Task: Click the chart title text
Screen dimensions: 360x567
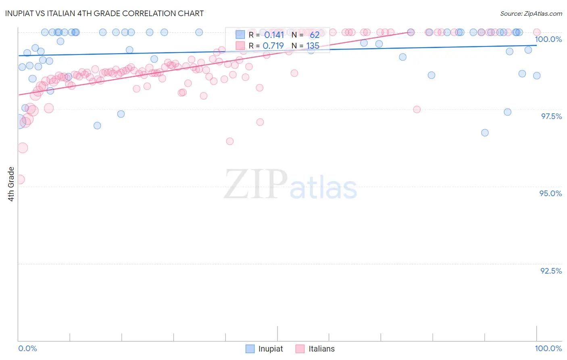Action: coord(104,13)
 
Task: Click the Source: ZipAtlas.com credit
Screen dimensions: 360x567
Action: coord(531,13)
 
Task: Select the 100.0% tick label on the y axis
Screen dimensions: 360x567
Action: coord(548,39)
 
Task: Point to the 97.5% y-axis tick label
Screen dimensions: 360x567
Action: coord(551,116)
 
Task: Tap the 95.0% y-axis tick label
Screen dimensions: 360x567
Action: coord(550,193)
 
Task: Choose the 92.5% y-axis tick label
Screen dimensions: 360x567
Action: coord(551,271)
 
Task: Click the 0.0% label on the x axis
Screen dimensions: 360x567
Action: coord(27,348)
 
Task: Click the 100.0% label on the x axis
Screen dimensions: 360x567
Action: coord(548,348)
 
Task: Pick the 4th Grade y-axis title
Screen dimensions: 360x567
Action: coord(11,184)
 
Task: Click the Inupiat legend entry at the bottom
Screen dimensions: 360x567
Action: coord(264,349)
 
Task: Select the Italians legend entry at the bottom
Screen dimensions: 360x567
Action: coord(315,349)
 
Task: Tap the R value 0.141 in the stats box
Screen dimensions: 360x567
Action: coord(274,35)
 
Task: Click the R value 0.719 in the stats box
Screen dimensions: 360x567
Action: coord(273,46)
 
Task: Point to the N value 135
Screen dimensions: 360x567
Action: coord(313,46)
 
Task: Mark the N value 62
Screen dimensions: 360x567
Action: coord(315,35)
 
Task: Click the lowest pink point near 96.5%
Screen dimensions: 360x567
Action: coord(230,141)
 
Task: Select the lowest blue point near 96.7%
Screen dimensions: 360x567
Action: coord(485,133)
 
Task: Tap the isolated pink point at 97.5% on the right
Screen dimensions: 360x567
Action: coord(417,109)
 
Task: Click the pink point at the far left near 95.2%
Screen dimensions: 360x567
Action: coord(19,180)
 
